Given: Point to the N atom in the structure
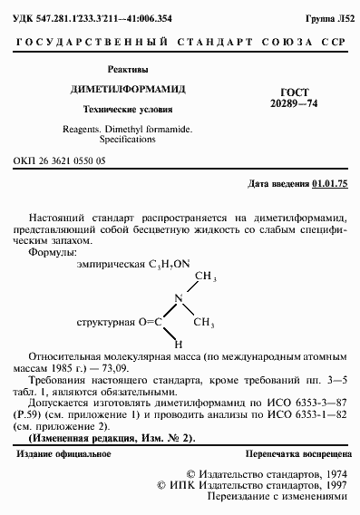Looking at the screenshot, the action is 180,297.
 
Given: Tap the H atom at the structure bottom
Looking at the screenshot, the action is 180,345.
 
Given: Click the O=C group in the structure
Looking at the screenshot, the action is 150,321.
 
